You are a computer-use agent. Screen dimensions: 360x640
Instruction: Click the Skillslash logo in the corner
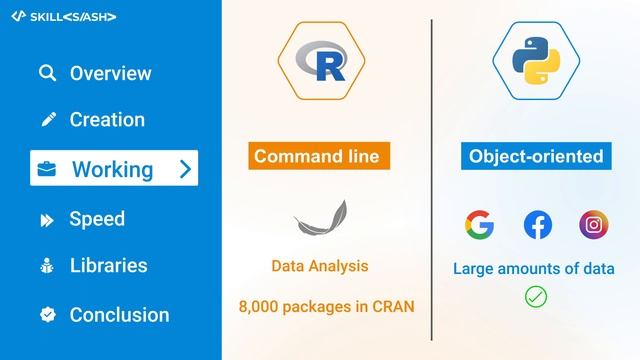click(63, 16)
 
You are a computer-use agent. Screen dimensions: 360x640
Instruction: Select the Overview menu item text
click(110, 73)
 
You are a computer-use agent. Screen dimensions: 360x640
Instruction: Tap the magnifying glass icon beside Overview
click(47, 73)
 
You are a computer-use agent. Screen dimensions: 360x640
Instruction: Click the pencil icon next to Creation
click(47, 120)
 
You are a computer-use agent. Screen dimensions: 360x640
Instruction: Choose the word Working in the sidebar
click(112, 169)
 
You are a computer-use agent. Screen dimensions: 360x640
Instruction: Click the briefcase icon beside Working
click(47, 169)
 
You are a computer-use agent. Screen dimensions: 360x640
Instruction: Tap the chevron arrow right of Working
click(184, 169)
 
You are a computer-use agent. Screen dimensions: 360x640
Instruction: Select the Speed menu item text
click(97, 219)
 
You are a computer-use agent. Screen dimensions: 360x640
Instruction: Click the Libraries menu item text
click(108, 266)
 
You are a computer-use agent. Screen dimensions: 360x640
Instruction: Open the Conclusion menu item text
click(119, 315)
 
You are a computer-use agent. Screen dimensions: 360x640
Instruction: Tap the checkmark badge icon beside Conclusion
click(47, 315)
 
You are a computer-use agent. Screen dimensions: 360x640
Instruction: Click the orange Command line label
click(320, 156)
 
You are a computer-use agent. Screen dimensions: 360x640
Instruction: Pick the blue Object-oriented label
click(536, 156)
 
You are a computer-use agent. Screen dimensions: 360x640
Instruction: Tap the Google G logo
click(479, 225)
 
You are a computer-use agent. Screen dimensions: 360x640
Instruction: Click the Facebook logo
click(537, 225)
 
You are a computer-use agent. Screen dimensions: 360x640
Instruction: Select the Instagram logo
click(594, 225)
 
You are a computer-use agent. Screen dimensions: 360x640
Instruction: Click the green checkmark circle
click(536, 296)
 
